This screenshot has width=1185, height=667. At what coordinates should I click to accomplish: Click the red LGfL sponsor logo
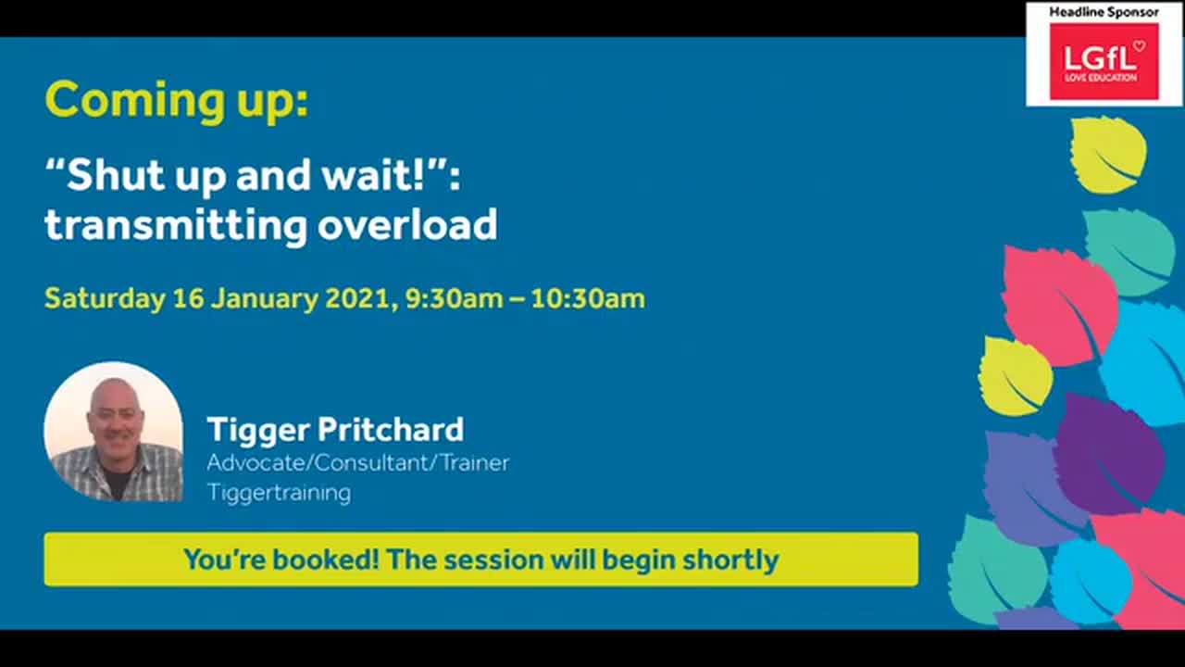(1104, 61)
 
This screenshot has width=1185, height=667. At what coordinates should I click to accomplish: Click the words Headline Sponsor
(1104, 12)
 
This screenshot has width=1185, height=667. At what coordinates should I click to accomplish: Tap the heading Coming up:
(176, 100)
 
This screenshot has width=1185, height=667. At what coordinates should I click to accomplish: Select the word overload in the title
(408, 225)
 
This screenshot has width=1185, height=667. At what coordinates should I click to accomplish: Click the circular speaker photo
(114, 432)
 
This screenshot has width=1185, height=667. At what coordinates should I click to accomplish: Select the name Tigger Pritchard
(335, 430)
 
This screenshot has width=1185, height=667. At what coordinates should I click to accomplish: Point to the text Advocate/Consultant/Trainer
(357, 462)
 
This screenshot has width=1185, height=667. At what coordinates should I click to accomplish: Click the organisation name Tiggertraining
(279, 492)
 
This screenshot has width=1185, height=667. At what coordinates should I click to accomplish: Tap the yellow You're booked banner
(480, 560)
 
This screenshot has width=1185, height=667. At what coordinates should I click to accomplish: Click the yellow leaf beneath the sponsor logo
(1108, 154)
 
